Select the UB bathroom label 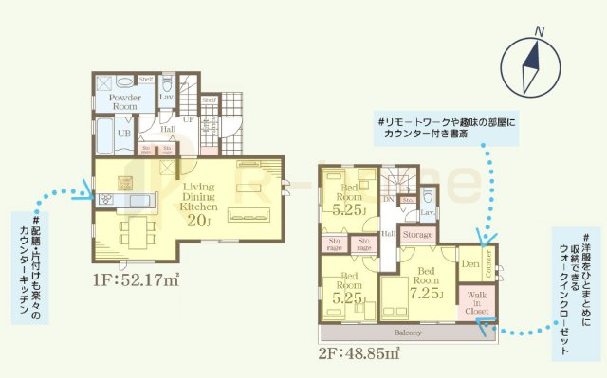123,134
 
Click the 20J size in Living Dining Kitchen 201,222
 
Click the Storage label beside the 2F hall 417,234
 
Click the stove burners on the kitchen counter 104,198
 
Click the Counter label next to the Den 488,265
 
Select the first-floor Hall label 167,131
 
